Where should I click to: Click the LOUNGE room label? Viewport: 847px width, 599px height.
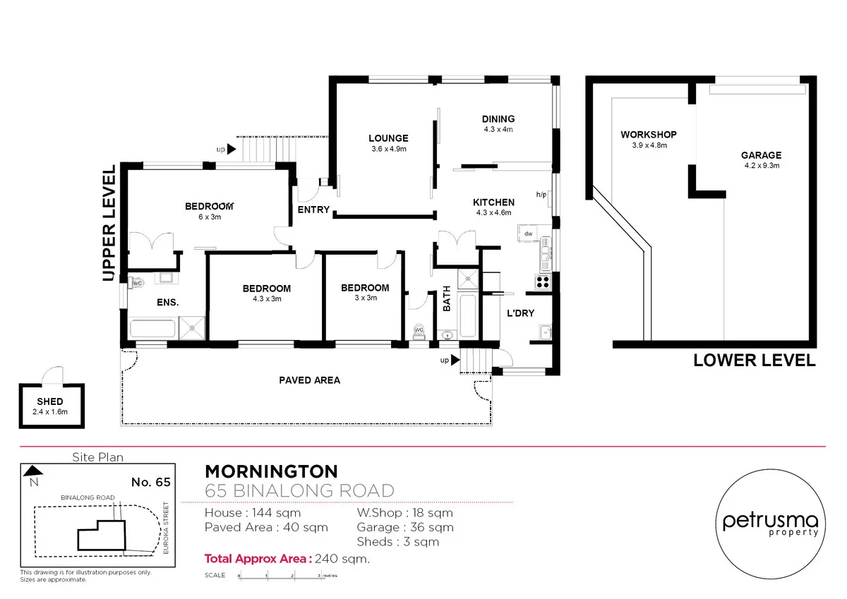point(388,138)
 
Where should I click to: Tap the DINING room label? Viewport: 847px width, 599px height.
point(498,119)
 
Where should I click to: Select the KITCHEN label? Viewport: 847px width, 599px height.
point(493,202)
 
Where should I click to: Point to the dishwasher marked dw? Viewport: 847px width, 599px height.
point(528,233)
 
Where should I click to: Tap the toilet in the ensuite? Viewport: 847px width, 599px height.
point(137,282)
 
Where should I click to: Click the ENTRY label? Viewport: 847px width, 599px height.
point(313,210)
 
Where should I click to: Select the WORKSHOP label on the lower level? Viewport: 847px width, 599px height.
point(649,135)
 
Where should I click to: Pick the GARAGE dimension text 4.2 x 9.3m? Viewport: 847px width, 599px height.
point(761,166)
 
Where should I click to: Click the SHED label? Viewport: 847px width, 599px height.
point(49,401)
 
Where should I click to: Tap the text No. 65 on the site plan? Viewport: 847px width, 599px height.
point(151,483)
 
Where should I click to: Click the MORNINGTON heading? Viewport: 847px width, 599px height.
point(271,471)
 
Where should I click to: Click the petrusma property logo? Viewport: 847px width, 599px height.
point(770,523)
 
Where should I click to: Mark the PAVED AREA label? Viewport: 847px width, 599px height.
point(309,380)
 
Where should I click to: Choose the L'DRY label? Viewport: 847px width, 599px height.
point(520,313)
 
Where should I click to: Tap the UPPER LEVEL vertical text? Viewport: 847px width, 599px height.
point(109,224)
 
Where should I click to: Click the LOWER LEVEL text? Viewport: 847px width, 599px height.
point(754,361)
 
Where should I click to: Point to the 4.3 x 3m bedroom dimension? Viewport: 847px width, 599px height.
point(266,298)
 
